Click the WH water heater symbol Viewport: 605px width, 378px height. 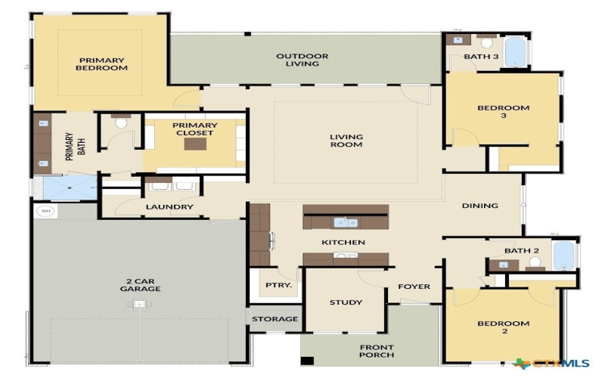(45, 211)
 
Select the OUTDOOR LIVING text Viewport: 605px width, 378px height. (302, 60)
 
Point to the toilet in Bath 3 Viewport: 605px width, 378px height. (487, 42)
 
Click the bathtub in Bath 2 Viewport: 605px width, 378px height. (564, 256)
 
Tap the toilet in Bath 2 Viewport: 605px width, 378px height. (535, 262)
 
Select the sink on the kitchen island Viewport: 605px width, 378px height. (347, 222)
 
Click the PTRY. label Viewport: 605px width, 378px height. (273, 285)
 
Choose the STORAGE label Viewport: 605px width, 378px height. (275, 319)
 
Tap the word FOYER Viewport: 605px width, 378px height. (414, 287)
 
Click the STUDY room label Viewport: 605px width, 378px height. (346, 302)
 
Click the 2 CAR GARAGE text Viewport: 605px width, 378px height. (140, 285)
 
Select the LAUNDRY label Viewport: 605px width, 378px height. (169, 206)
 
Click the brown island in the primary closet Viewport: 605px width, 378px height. (194, 144)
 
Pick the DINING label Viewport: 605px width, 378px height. (480, 205)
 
